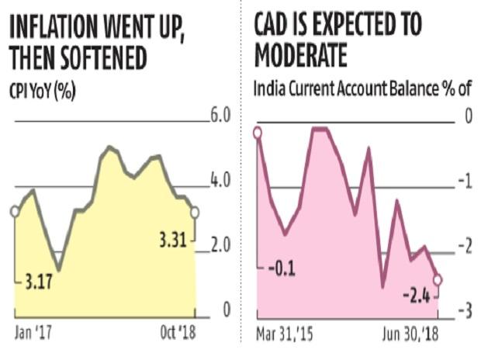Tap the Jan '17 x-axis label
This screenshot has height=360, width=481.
(37, 334)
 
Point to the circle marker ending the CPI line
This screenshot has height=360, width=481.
(196, 212)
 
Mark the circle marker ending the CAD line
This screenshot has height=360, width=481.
(438, 279)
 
